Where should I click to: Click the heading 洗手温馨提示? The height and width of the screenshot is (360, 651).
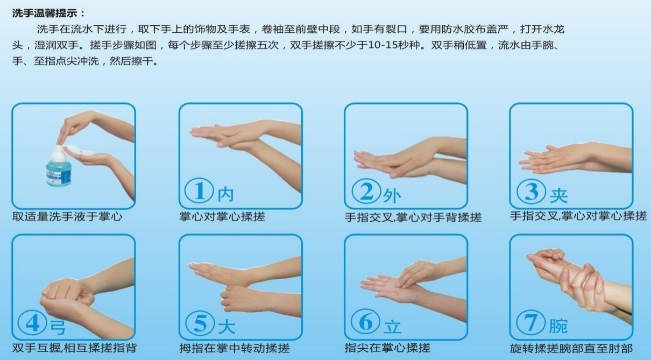point(49,13)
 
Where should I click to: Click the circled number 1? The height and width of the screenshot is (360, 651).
point(199,190)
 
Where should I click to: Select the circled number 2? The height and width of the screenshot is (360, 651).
point(366,190)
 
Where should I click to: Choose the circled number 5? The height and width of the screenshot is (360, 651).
point(200,322)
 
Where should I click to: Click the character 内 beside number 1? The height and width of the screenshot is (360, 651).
point(226,194)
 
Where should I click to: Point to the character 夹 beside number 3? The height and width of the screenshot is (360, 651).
point(558,194)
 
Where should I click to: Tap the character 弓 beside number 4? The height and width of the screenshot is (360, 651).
point(57,326)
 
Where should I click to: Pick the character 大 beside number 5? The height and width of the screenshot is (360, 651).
point(227,326)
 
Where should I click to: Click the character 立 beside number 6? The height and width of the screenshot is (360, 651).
point(392,326)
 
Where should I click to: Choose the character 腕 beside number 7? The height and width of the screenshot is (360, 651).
point(558,326)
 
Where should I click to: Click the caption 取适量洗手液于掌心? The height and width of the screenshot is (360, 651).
point(67,217)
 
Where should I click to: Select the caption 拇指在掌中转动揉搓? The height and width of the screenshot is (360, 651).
point(235,348)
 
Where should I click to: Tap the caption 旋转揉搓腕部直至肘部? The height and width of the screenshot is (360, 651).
point(571,348)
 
